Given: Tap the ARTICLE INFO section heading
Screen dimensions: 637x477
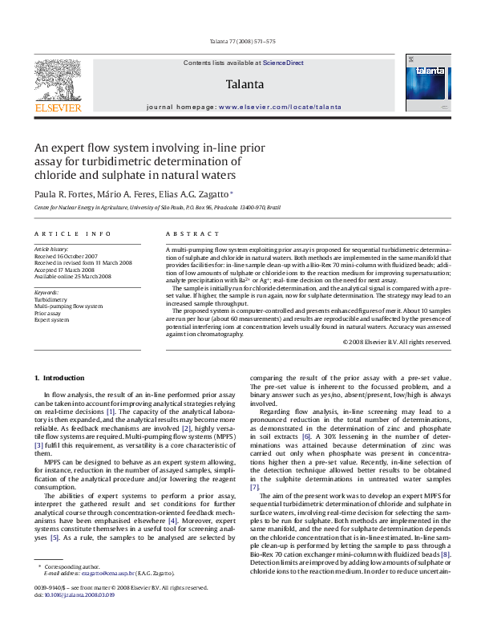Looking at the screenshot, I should pos(72,233).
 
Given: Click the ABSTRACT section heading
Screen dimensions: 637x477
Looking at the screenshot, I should pos(192,233).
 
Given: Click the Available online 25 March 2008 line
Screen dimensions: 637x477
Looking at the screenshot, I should pos(72,276).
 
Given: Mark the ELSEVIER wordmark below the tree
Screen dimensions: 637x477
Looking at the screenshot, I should pos(57,108).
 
